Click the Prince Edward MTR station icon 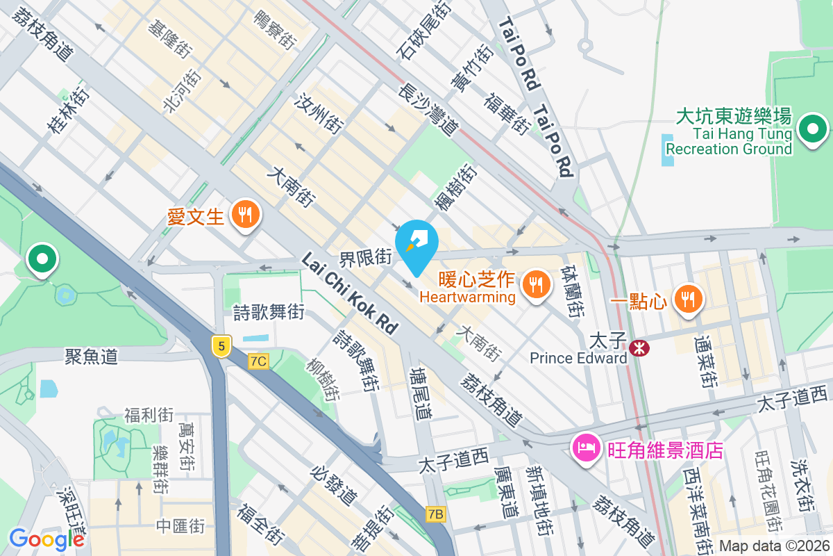pos(637,345)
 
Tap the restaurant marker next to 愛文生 pos(244,215)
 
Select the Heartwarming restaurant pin pos(535,283)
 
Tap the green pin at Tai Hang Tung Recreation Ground pos(811,129)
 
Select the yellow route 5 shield pos(221,345)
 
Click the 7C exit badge pos(258,361)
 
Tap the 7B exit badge pos(436,514)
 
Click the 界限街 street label pos(366,259)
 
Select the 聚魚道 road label pos(91,357)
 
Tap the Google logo pos(47,539)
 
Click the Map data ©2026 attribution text pos(773,546)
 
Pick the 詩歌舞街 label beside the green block pos(269,313)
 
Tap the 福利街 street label pos(149,415)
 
